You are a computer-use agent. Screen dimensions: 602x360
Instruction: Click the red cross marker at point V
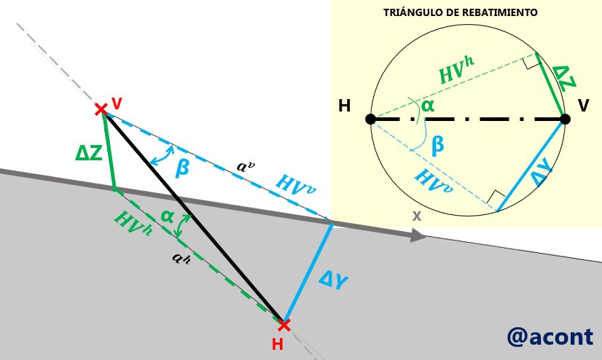coord(101,109)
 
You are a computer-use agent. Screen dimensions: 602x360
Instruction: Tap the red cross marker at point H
coord(284,326)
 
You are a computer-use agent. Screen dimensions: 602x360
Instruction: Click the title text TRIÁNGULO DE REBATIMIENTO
coord(461,12)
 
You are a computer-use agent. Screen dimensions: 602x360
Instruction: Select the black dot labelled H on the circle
coord(370,119)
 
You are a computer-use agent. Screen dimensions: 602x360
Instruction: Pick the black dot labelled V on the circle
coord(565,119)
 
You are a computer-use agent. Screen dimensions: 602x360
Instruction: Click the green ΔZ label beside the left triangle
coord(89,154)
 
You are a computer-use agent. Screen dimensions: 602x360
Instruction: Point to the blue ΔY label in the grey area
coord(333,281)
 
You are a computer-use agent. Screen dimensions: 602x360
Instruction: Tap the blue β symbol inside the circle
coord(438,146)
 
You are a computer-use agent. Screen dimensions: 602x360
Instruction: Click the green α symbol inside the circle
coord(428,106)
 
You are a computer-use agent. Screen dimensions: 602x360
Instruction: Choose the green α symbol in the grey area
coord(167,217)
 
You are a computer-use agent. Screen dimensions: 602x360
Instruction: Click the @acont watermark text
coord(550,337)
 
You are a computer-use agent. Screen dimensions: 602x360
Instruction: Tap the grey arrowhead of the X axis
coord(418,235)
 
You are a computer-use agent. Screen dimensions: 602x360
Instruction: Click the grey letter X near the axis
coord(417,216)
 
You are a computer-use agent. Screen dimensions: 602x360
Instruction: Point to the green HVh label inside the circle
coord(457,69)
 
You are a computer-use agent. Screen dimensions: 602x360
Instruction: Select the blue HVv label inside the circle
coord(434,181)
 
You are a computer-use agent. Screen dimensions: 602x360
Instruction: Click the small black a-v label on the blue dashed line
coord(246,166)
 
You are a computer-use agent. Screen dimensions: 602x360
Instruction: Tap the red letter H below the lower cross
coord(277,344)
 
